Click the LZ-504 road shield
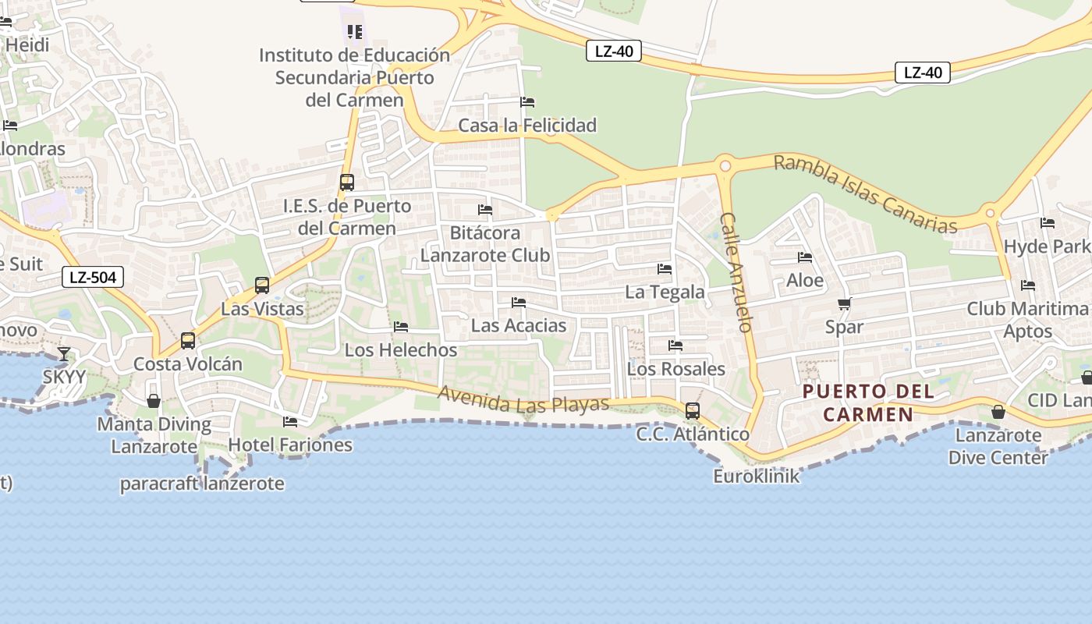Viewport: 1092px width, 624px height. tap(93, 277)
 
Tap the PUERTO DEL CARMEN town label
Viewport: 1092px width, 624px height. tap(868, 402)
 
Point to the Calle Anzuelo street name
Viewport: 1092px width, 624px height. tap(737, 272)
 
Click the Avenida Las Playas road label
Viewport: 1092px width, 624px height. tap(523, 400)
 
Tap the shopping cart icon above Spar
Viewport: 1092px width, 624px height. tap(844, 303)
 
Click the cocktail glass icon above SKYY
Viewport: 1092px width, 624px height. tap(64, 354)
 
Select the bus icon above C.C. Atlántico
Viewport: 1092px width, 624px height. tap(692, 411)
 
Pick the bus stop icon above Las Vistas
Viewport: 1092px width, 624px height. tap(262, 285)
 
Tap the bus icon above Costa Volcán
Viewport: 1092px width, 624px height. tap(188, 341)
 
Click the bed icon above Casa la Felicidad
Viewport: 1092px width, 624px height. tap(527, 102)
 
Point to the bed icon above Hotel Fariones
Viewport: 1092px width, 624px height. tap(290, 422)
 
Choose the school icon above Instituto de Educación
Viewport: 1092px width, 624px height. tap(355, 32)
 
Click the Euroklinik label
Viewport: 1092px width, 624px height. tap(756, 476)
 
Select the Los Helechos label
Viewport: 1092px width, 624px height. tap(401, 350)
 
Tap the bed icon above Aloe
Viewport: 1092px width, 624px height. tap(805, 257)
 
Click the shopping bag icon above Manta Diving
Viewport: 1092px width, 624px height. tap(154, 401)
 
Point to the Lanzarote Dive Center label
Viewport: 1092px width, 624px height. tap(998, 446)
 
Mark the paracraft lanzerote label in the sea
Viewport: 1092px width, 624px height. tap(201, 484)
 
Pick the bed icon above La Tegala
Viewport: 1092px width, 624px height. tap(665, 269)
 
